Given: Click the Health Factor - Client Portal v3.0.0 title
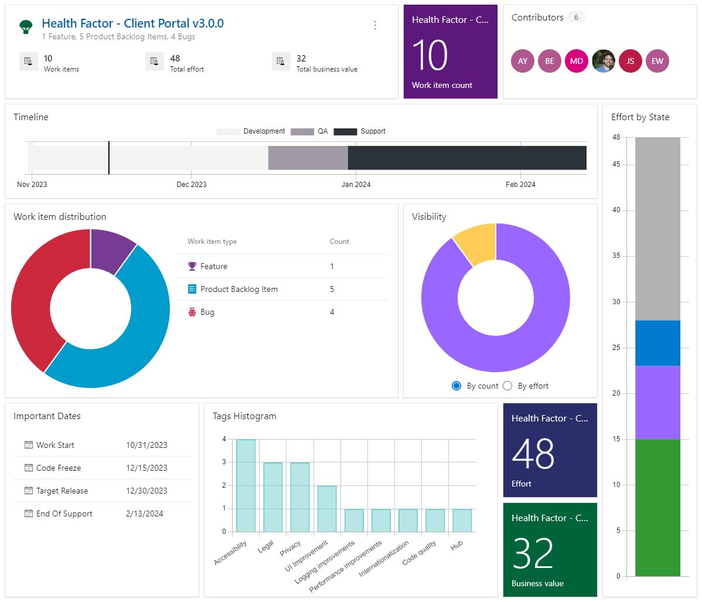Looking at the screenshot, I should pyautogui.click(x=132, y=23).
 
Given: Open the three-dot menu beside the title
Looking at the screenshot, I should pyautogui.click(x=375, y=25).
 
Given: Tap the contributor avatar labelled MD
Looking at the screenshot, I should pyautogui.click(x=576, y=61).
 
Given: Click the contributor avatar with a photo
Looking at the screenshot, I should pyautogui.click(x=604, y=61).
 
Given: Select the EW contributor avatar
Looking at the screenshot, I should pyautogui.click(x=657, y=61).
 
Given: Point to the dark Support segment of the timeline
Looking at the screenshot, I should pyautogui.click(x=466, y=158).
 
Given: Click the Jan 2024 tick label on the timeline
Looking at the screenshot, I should pyautogui.click(x=356, y=185).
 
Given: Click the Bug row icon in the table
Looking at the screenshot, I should pyautogui.click(x=192, y=312).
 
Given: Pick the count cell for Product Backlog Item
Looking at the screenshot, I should pyautogui.click(x=332, y=289).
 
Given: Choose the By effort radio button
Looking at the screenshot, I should pyautogui.click(x=507, y=386).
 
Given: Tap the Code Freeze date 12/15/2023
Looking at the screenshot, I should pyautogui.click(x=146, y=468).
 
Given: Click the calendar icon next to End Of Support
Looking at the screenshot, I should pyautogui.click(x=29, y=513).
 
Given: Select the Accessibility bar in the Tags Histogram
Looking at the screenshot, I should pyautogui.click(x=246, y=485).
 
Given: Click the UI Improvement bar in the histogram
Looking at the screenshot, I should pyautogui.click(x=327, y=508).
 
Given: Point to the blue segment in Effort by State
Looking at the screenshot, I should pyautogui.click(x=657, y=343).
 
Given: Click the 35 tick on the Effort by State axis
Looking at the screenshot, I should pyautogui.click(x=616, y=256).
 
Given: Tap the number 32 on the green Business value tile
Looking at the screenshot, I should pyautogui.click(x=532, y=553).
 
